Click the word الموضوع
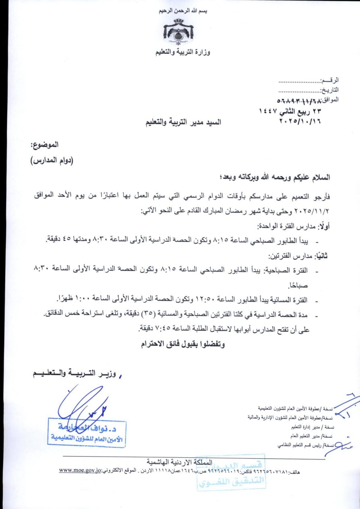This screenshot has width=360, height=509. (44, 144)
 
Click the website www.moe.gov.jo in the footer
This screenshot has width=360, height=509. (79, 470)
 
